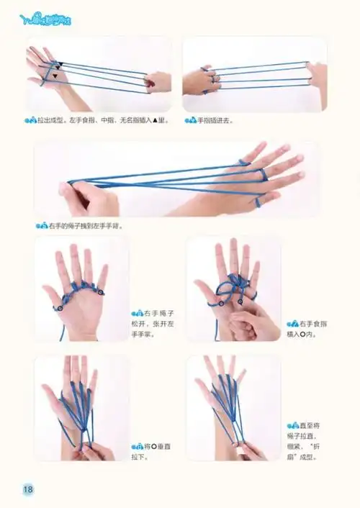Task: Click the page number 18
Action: click(28, 489)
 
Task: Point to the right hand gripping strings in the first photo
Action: click(158, 81)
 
